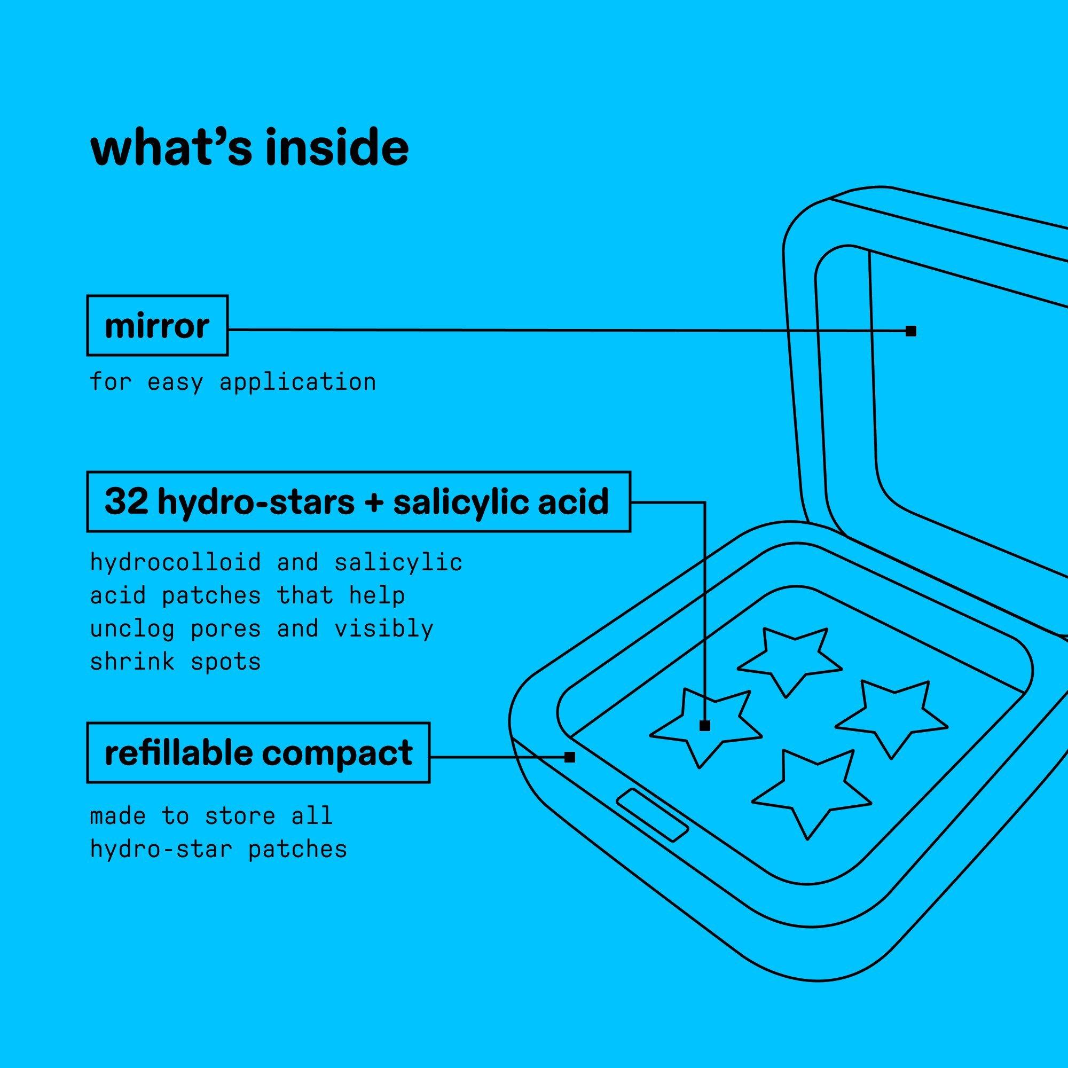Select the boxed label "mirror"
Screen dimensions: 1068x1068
point(158,325)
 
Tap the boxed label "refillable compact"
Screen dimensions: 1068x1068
point(258,752)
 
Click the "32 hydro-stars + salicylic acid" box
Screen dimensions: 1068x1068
point(359,501)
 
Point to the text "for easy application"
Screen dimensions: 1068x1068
point(233,381)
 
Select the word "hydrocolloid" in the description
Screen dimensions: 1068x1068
point(175,562)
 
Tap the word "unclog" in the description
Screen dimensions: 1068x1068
point(132,629)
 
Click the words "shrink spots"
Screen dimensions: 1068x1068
point(175,662)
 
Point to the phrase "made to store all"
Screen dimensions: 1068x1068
point(211,815)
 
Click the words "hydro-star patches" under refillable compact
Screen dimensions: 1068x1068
point(218,849)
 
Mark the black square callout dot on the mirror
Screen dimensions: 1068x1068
point(911,331)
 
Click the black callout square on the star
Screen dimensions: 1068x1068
point(705,726)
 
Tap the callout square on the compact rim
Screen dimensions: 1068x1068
point(570,757)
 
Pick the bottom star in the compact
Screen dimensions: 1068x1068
point(811,791)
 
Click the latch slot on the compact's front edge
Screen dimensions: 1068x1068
point(653,816)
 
